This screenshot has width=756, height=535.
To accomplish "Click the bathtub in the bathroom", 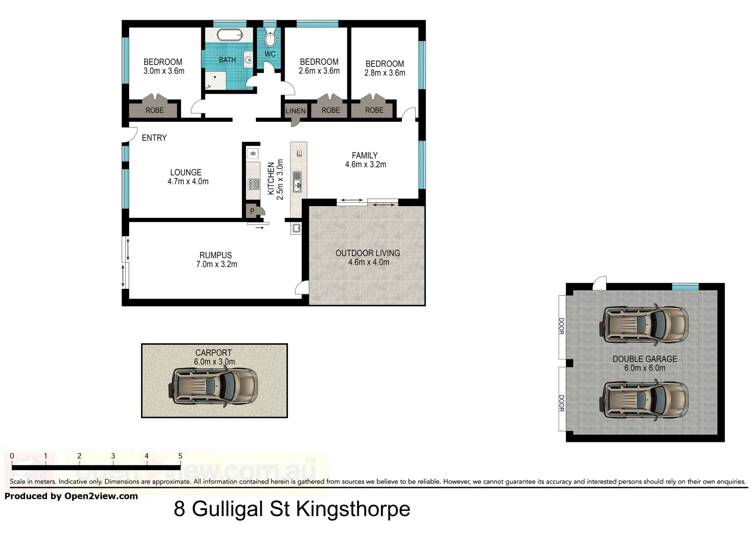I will pyautogui.click(x=230, y=35).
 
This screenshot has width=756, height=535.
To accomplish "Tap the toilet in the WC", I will pyautogui.click(x=270, y=39).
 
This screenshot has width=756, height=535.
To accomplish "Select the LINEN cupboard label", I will pyautogui.click(x=295, y=111).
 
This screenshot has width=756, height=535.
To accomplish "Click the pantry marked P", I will pyautogui.click(x=252, y=211).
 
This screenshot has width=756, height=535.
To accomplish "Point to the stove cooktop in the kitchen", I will pyautogui.click(x=253, y=184).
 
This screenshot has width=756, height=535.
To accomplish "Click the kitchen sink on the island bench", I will pyautogui.click(x=297, y=181).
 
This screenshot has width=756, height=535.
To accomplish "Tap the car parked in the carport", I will pyautogui.click(x=215, y=386).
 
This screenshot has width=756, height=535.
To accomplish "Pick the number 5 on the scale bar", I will pyautogui.click(x=180, y=456).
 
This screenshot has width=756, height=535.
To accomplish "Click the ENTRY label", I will pyautogui.click(x=154, y=138).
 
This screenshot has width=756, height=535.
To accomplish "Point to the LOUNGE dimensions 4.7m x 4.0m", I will pyautogui.click(x=188, y=182).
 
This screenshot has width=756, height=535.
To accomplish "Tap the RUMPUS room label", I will pyautogui.click(x=216, y=255).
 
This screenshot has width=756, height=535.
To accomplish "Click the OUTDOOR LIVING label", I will pyautogui.click(x=368, y=253).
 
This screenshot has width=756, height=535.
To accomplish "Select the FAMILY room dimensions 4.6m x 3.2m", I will pyautogui.click(x=366, y=164).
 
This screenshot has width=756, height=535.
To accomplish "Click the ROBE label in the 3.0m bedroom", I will pyautogui.click(x=154, y=110).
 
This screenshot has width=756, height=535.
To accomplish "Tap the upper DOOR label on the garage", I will pyautogui.click(x=562, y=326).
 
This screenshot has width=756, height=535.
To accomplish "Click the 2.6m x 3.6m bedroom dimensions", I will pyautogui.click(x=319, y=71).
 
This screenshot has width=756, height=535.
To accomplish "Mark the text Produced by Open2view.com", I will pyautogui.click(x=71, y=496).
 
